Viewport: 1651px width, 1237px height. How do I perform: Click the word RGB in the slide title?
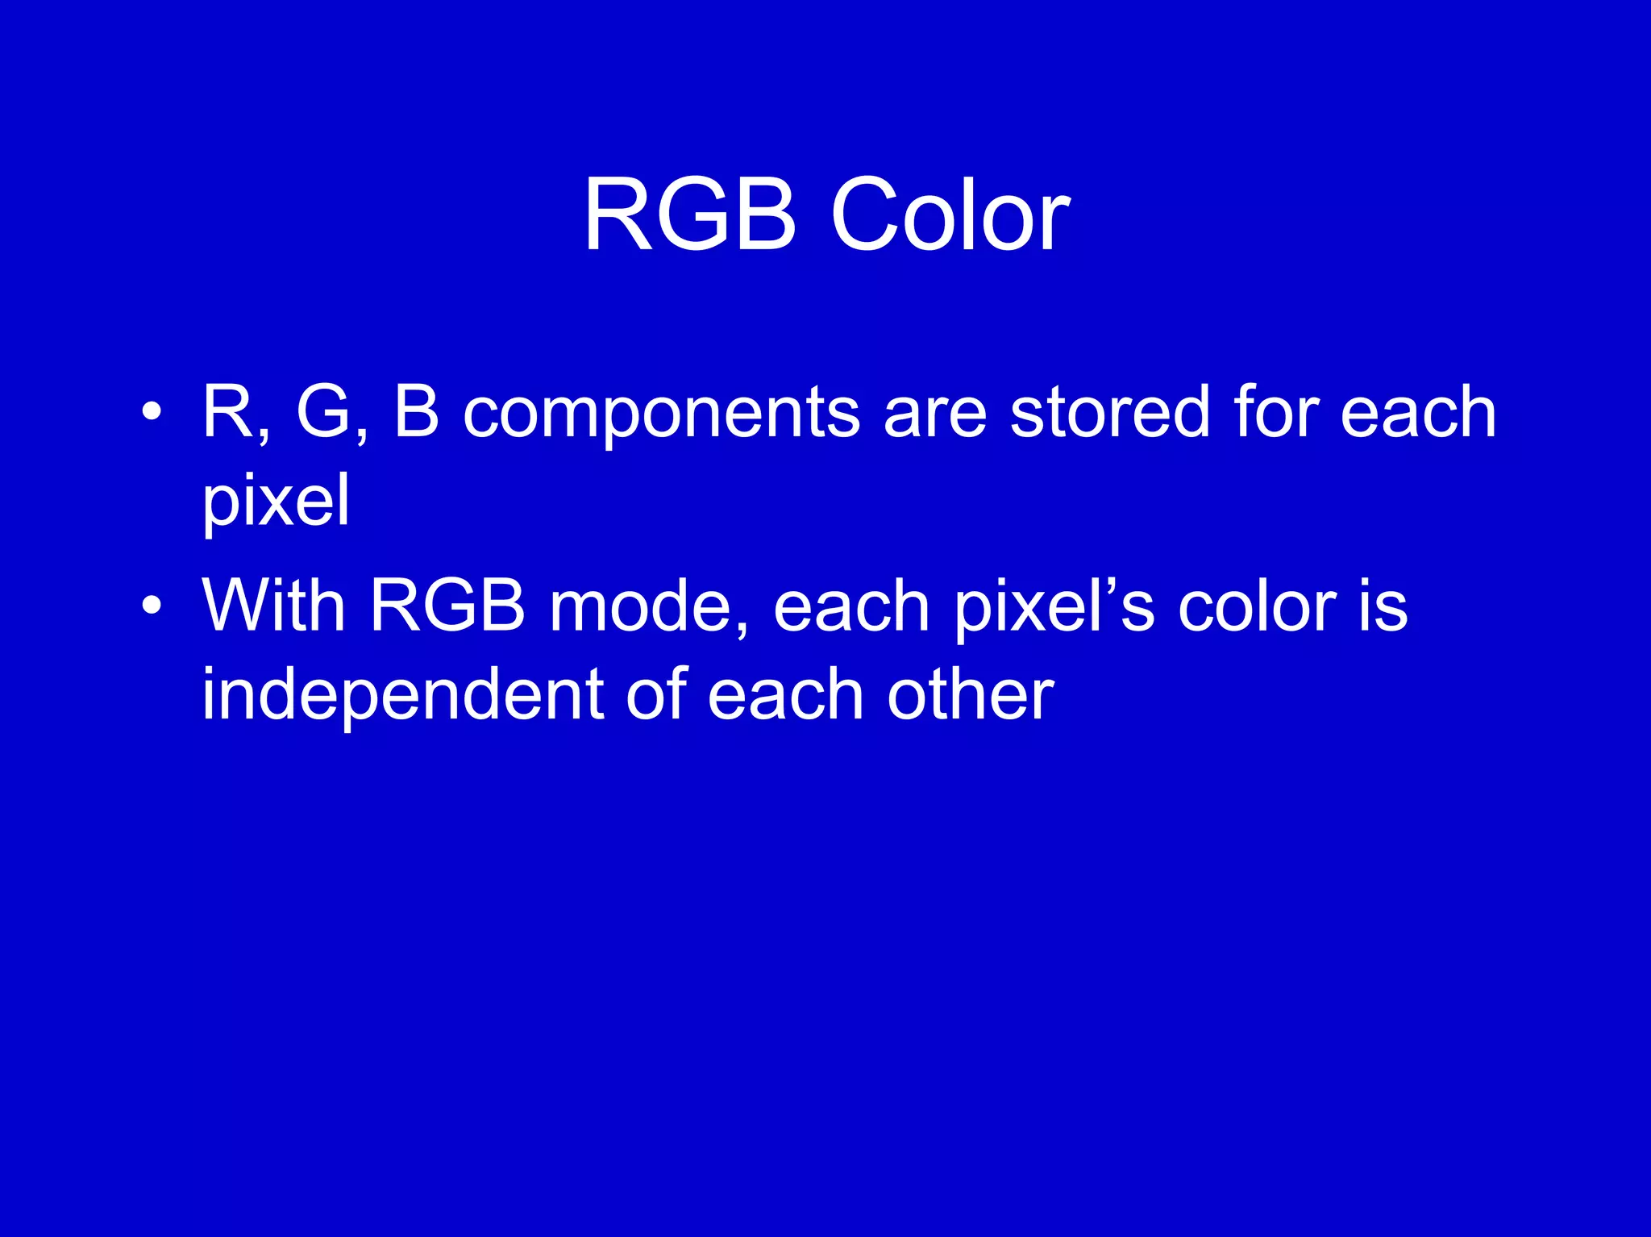pos(689,216)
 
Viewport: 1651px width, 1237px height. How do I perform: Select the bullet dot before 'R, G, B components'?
pos(151,412)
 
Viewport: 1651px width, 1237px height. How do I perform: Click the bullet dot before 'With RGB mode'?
pos(151,605)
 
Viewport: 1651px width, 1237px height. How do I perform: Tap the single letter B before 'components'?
pos(416,412)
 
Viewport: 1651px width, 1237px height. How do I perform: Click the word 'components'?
pos(662,414)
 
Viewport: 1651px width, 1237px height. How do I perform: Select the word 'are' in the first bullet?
pos(935,414)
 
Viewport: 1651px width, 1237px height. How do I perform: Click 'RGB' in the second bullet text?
pos(447,605)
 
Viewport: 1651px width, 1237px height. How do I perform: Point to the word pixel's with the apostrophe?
pos(1054,606)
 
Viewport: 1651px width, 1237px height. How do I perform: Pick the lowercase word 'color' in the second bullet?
pos(1256,606)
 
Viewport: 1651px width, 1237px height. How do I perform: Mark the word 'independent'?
pos(402,695)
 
